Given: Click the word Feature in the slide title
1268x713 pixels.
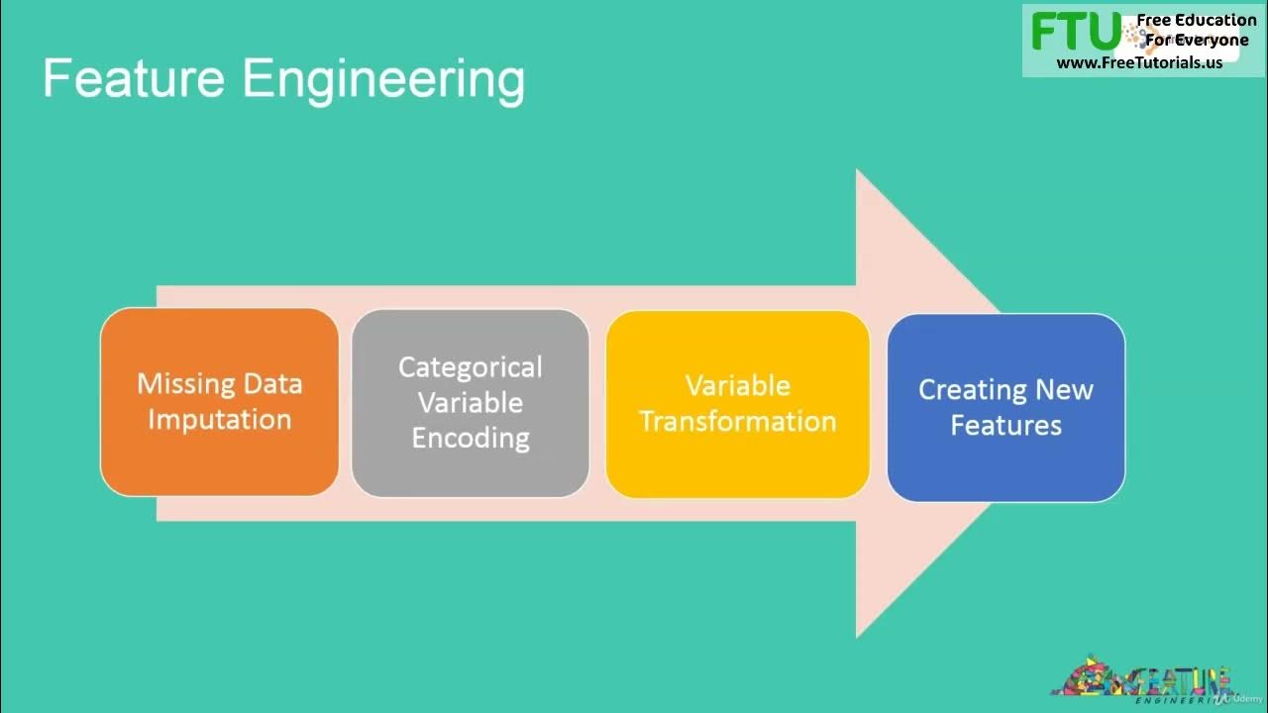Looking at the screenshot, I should click(x=134, y=79).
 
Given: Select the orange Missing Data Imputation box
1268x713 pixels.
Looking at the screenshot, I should click(x=219, y=401).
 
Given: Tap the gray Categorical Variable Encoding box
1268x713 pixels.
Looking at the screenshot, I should click(x=471, y=402).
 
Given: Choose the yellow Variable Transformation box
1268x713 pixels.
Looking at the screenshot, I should click(x=737, y=403).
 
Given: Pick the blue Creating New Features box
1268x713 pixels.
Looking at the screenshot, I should click(x=1005, y=407).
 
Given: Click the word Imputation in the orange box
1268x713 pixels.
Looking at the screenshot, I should click(x=219, y=420).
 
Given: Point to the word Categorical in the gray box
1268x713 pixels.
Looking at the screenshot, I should click(x=471, y=367).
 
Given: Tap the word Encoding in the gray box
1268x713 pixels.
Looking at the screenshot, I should click(x=471, y=438).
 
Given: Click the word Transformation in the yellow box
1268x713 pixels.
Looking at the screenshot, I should click(x=737, y=421).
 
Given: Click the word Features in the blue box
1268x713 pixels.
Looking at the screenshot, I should click(x=1005, y=425).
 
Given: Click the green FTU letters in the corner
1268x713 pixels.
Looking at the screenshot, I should click(x=1076, y=32).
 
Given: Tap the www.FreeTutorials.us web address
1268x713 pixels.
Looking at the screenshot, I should click(x=1139, y=62).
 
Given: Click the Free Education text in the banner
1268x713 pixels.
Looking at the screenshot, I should click(x=1196, y=20).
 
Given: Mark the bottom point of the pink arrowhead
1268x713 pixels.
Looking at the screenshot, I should click(x=858, y=635).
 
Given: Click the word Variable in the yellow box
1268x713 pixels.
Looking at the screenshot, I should click(x=737, y=385).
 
